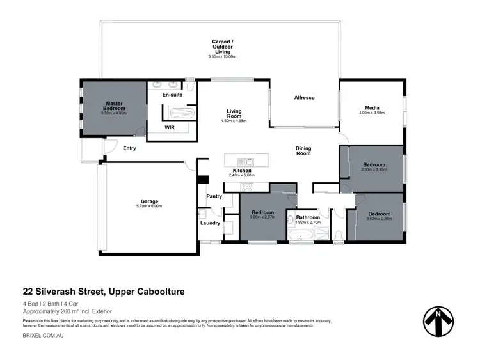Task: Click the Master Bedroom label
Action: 114,106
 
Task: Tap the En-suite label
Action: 172,94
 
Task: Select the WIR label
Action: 170,127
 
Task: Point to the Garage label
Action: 150,201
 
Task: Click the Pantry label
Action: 214,196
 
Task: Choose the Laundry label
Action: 210,223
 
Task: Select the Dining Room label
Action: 303,151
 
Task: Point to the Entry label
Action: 129,148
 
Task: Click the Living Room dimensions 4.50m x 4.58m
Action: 233,120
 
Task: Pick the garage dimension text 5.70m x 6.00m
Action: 150,206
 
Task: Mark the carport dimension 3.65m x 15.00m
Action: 222,57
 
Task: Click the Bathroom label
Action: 308,218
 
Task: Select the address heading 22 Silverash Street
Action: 104,292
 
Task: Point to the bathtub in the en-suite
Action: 179,113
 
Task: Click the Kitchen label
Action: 242,170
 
